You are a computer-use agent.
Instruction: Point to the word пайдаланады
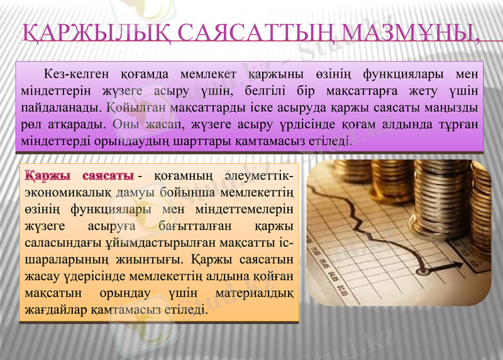[60, 104]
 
